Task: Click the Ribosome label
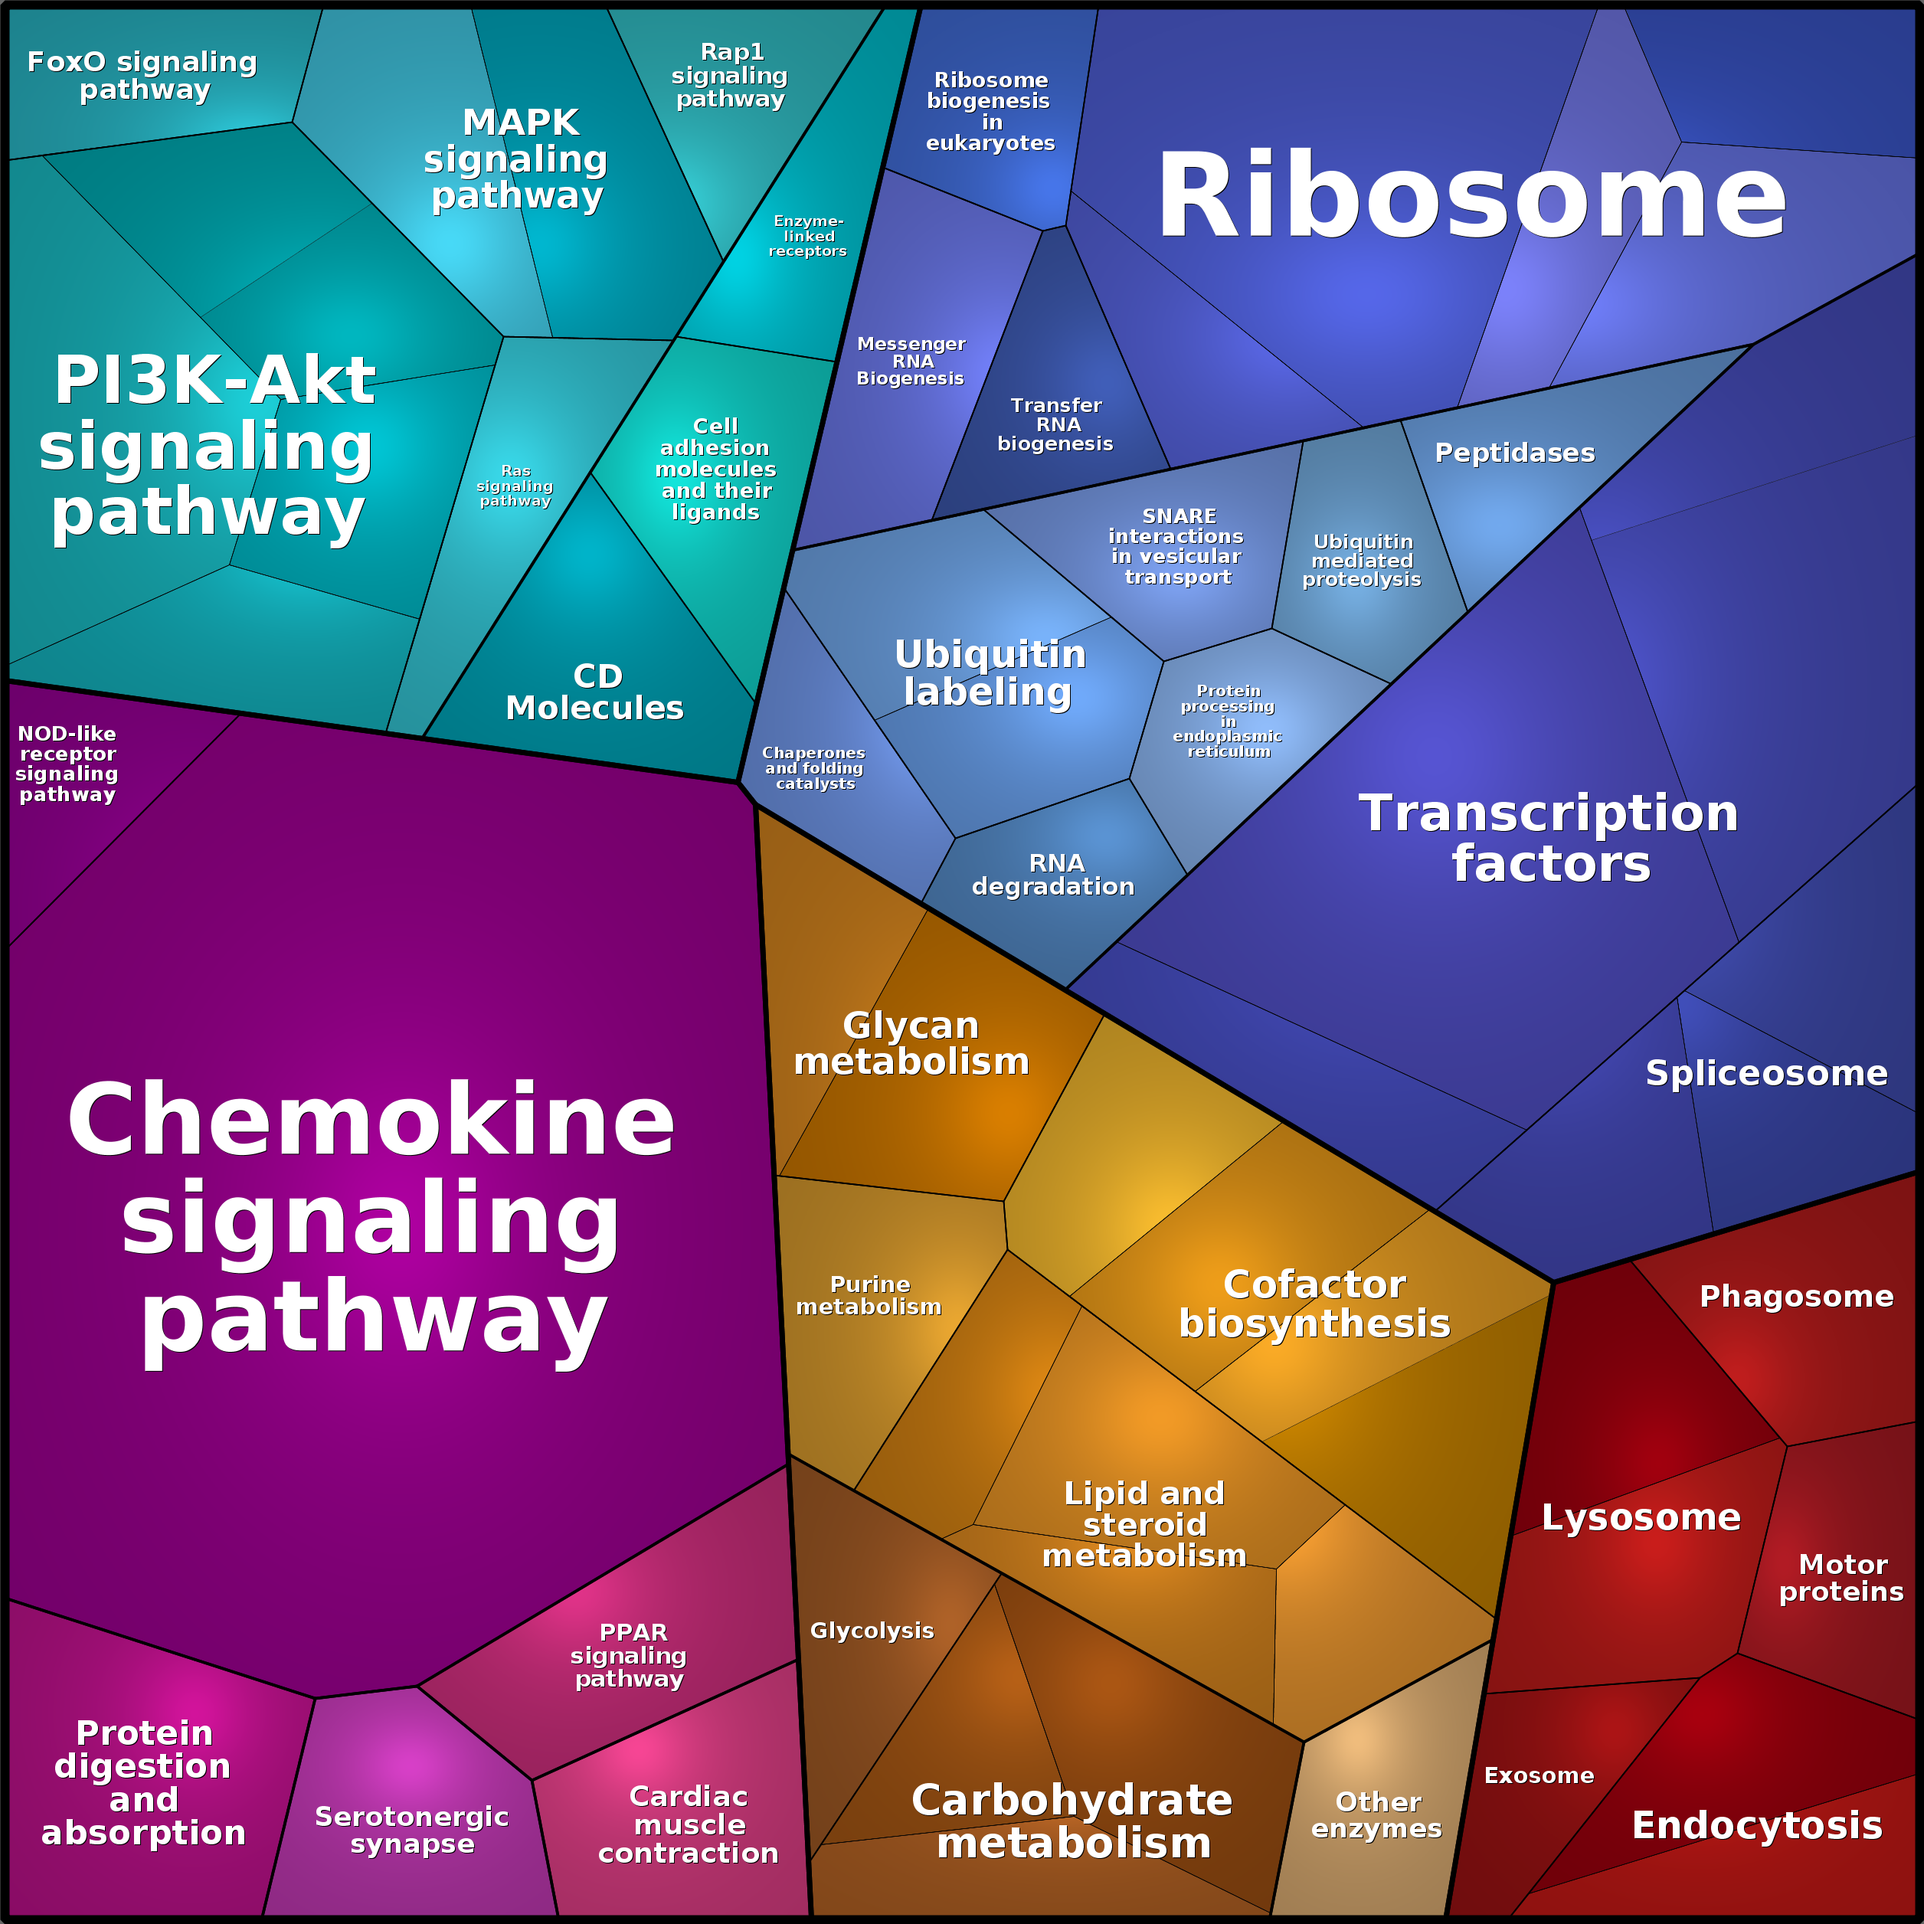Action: tap(1470, 196)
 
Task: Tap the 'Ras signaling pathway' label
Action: tap(515, 486)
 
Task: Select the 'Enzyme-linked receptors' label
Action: tap(807, 236)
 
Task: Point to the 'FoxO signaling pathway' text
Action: tap(142, 76)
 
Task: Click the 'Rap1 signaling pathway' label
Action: tap(730, 76)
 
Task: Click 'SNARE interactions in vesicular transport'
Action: tap(1177, 546)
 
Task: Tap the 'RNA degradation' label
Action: tap(1054, 875)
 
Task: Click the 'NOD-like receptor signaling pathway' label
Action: tap(67, 764)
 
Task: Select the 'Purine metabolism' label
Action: tap(869, 1296)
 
